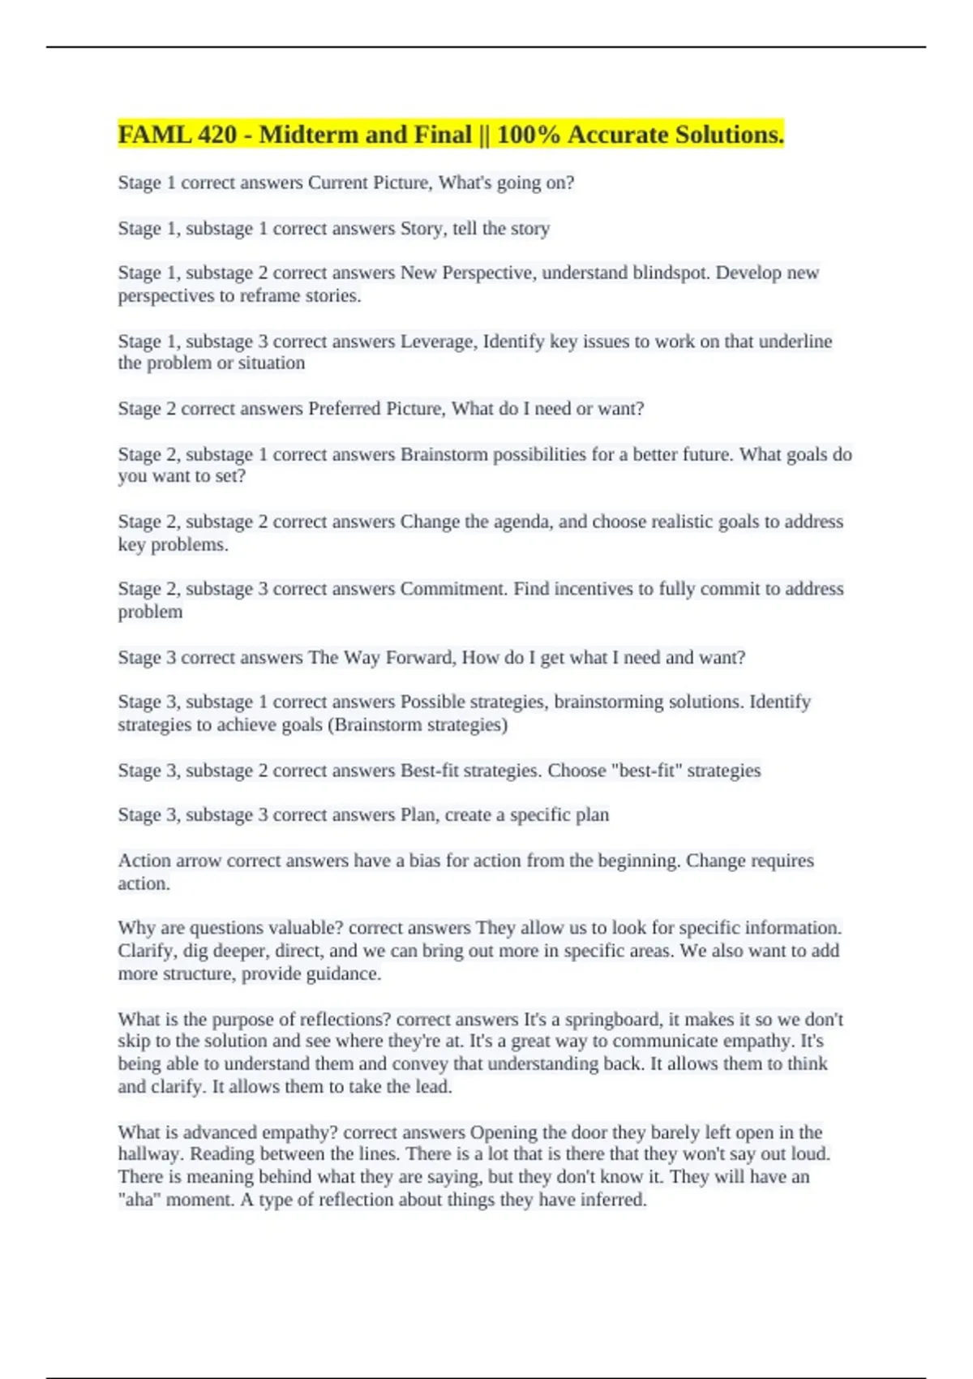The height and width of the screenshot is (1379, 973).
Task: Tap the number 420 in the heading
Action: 216,135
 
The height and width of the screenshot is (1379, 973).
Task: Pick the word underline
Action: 795,342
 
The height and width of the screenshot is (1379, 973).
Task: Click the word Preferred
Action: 345,409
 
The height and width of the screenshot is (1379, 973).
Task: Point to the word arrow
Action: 199,861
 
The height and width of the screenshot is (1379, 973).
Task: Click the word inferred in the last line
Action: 611,1199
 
